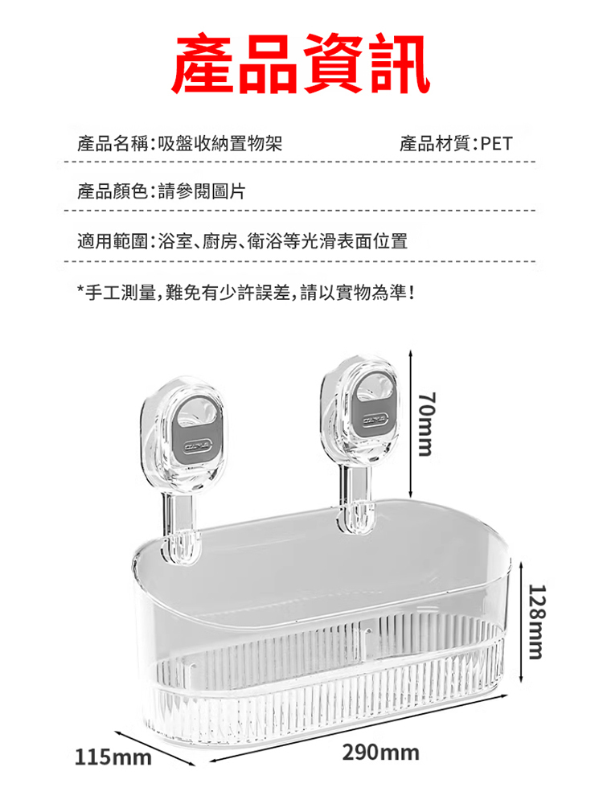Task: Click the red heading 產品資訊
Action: tap(301, 64)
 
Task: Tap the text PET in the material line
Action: tap(496, 144)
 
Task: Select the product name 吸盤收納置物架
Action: tap(220, 144)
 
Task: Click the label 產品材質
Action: tap(435, 144)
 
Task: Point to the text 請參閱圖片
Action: tap(202, 191)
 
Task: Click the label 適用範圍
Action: tap(113, 240)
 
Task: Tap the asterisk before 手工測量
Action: tap(81, 291)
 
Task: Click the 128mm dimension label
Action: tap(537, 621)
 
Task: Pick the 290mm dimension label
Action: tap(381, 753)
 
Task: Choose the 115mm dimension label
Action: tap(113, 757)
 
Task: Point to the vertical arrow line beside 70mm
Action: tap(411, 424)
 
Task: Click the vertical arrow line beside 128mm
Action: tap(521, 622)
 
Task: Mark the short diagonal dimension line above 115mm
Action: tap(155, 749)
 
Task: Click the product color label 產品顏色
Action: tap(113, 191)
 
